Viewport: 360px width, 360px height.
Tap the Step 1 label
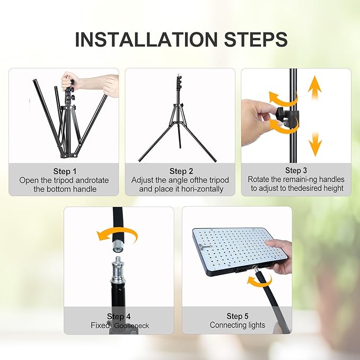[65, 171]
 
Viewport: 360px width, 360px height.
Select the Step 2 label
[181, 171]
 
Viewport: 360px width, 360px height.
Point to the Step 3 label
[296, 170]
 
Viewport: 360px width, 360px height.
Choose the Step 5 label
[237, 316]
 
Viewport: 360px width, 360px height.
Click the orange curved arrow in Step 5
[260, 280]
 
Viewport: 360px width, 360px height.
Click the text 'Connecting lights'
[237, 325]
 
